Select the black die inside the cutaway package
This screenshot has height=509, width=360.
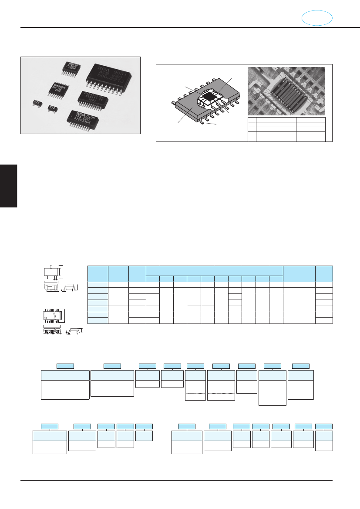click(211, 95)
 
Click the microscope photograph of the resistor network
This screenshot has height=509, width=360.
click(286, 91)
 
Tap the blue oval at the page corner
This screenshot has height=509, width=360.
click(317, 18)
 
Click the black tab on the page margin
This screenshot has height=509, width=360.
click(8, 185)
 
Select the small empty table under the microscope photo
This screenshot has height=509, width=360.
click(286, 129)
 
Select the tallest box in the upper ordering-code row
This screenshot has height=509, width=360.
click(273, 388)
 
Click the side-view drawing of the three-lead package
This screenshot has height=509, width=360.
click(71, 287)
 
